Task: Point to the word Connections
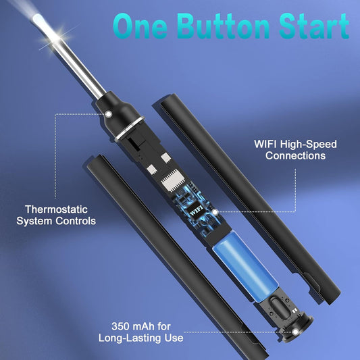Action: point(296,156)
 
